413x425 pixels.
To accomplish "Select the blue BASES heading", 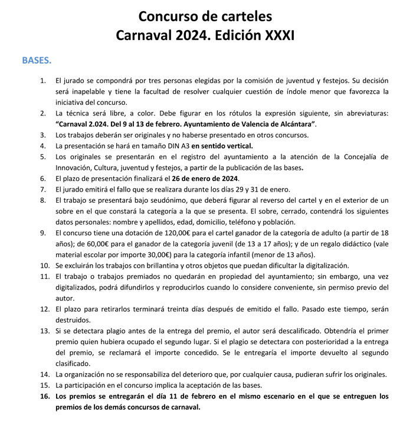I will point(37,60).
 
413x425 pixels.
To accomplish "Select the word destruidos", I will point(73,320).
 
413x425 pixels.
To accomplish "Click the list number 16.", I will point(44,396).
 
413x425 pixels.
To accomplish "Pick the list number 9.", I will point(44,233).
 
